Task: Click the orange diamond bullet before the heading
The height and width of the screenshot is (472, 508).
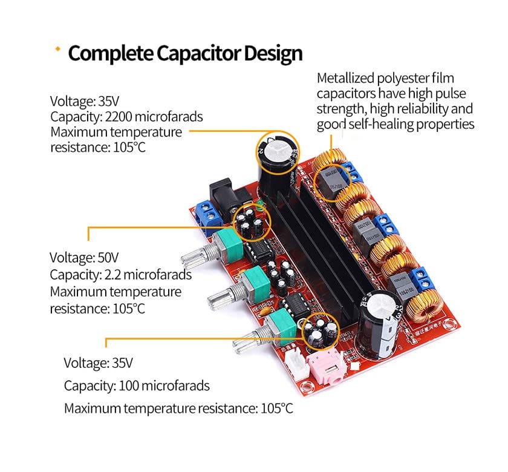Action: (x=58, y=50)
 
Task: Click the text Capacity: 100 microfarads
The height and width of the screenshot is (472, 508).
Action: (x=137, y=385)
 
